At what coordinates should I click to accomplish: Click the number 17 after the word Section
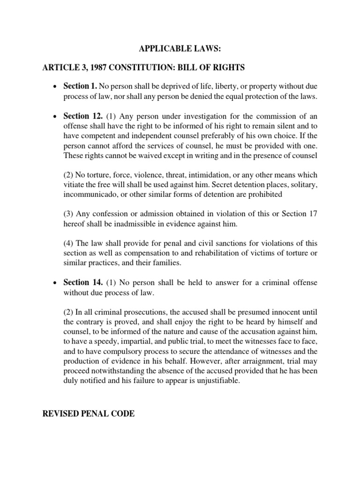tap(313, 214)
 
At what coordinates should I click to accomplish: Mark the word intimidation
tap(212, 175)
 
